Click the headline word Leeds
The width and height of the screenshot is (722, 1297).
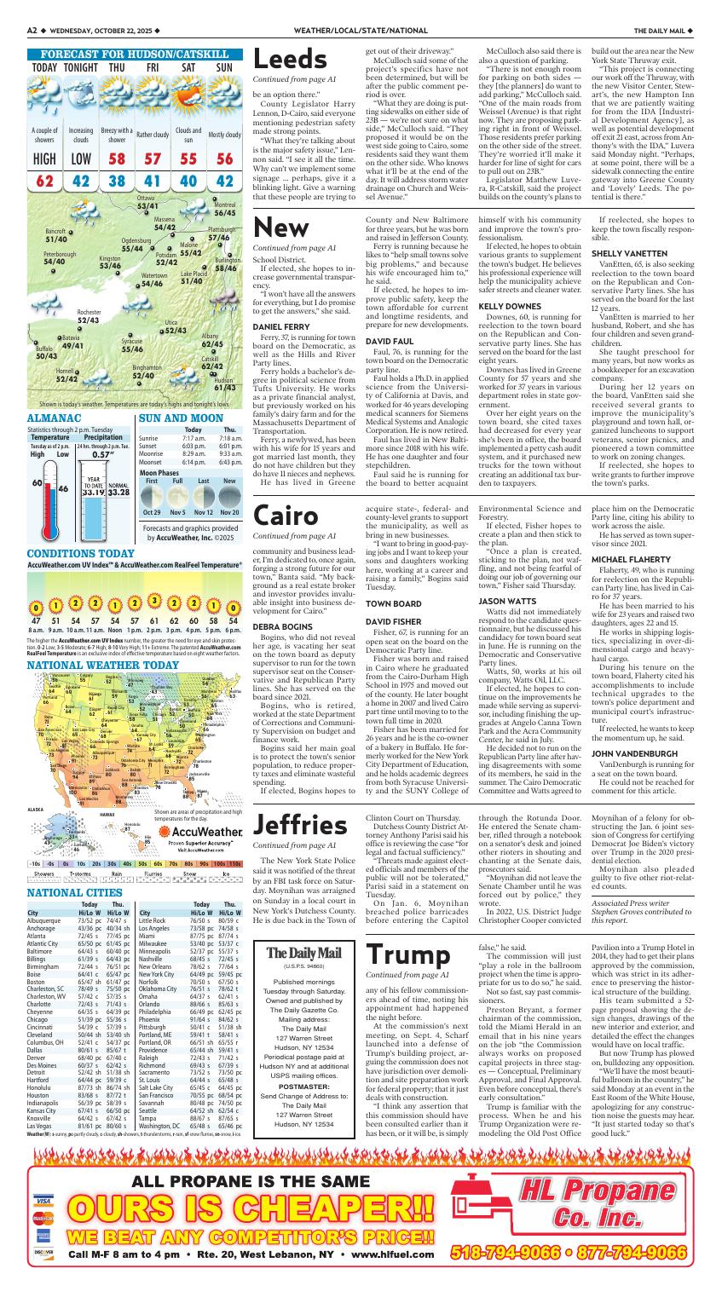tap(291, 60)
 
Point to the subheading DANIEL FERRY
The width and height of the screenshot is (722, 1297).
tap(280, 326)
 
